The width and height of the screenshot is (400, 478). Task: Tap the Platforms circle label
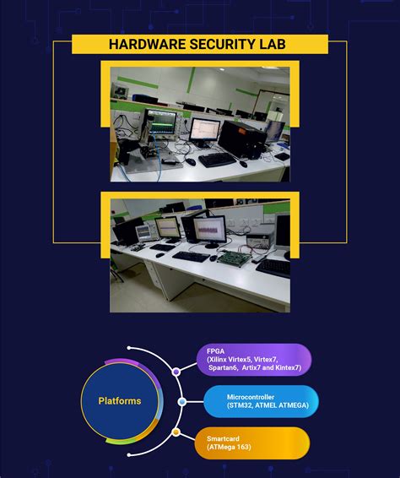120,400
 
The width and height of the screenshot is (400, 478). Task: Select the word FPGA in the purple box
216,350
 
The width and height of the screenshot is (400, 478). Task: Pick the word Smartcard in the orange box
224,437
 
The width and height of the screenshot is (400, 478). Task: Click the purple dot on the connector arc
176,371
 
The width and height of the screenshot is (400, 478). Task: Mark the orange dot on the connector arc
176,432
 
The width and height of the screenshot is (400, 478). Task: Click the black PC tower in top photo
233,139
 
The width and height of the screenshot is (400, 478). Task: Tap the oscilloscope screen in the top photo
161,122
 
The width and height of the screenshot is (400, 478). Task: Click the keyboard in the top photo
216,160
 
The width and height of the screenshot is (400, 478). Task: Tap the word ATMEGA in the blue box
291,405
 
